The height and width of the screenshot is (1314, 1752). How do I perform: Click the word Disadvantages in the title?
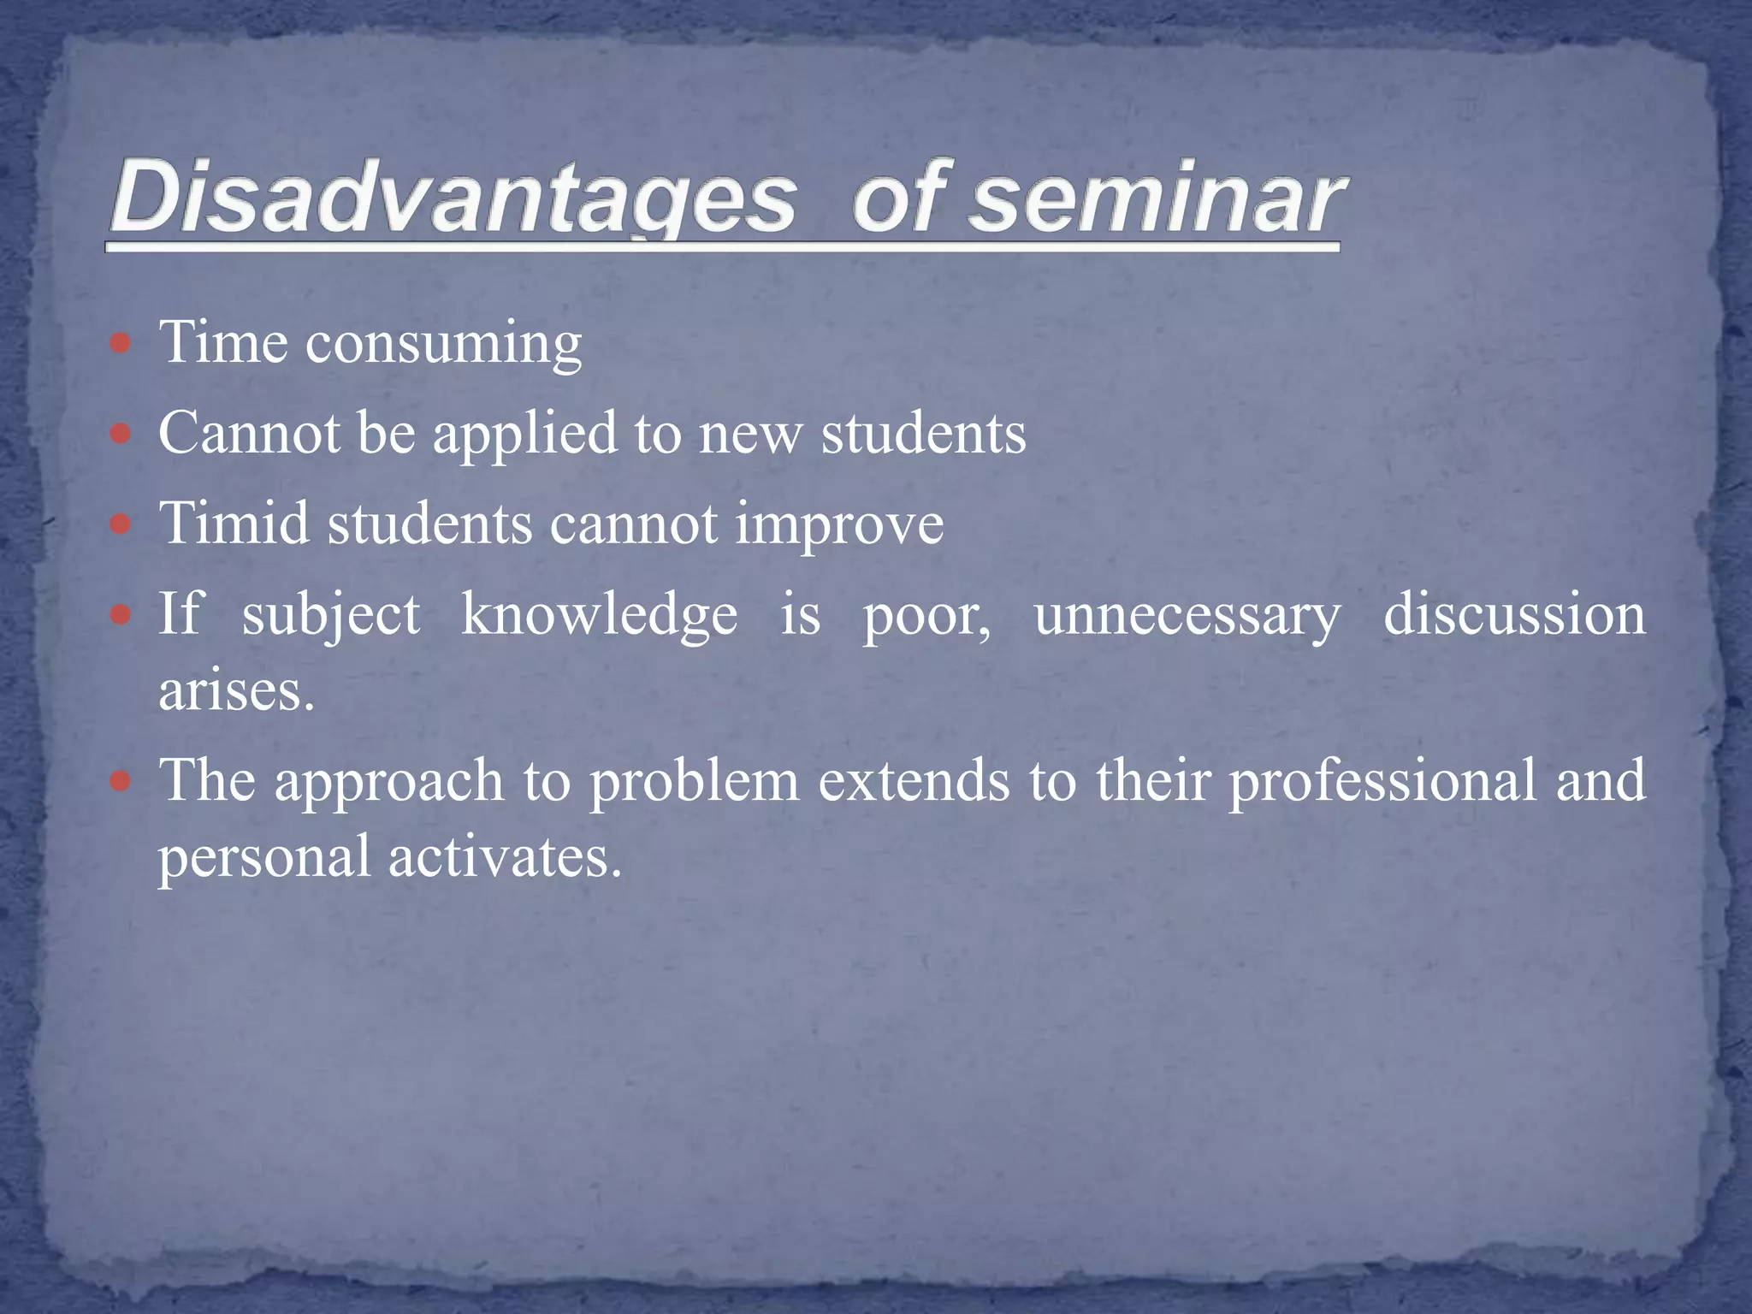point(453,198)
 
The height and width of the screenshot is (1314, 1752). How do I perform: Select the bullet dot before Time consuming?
point(121,344)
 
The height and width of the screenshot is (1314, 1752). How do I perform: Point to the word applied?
point(524,434)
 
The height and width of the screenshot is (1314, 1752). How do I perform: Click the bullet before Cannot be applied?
point(121,434)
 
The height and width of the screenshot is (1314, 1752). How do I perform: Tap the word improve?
point(839,524)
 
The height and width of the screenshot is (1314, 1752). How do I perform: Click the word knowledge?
point(599,615)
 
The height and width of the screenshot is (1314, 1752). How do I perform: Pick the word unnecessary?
point(1187,615)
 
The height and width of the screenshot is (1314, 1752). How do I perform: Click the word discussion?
point(1514,615)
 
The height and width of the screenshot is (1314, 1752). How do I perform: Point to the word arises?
point(236,690)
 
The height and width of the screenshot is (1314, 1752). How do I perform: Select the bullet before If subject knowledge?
point(121,614)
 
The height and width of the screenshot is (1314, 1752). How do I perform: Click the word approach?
point(389,782)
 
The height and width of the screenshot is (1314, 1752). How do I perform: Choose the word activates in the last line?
point(504,857)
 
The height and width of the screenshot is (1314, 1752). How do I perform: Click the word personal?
point(264,857)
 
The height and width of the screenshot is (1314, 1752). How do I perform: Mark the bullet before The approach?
point(121,781)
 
